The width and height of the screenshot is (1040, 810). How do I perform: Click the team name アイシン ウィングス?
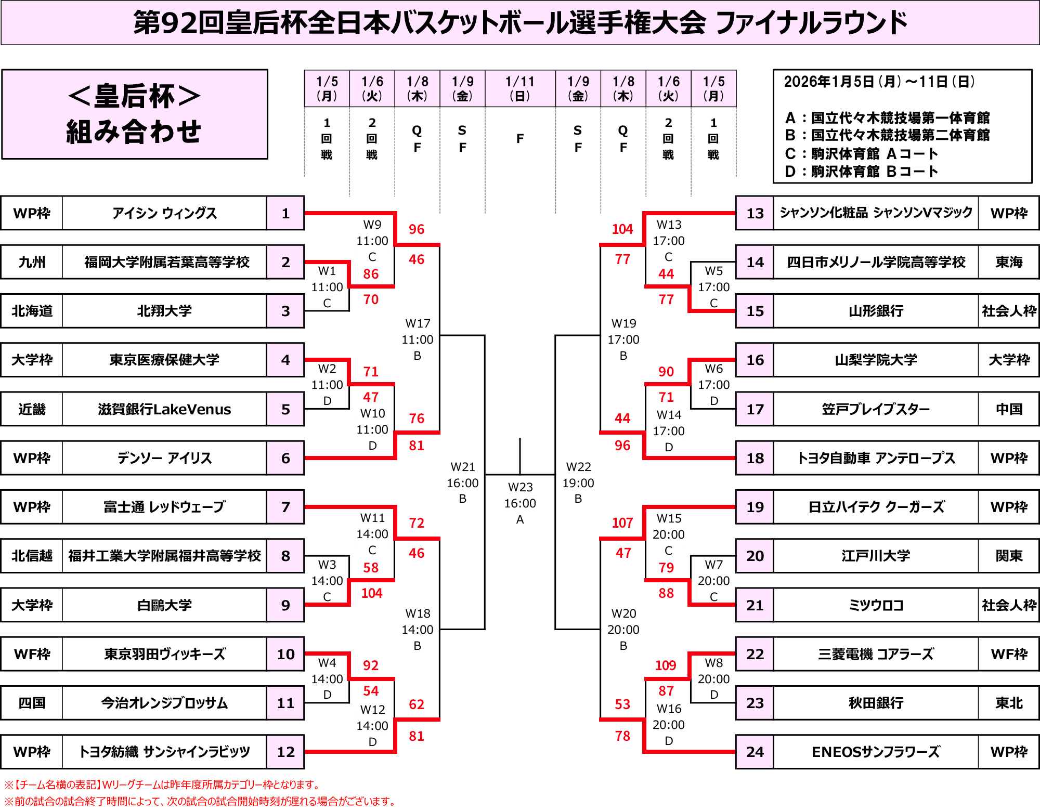pyautogui.click(x=164, y=213)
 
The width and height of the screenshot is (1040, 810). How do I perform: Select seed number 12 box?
pyautogui.click(x=285, y=752)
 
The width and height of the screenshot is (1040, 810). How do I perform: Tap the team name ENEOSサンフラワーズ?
pyautogui.click(x=876, y=752)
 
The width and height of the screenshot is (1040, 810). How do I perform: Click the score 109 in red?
pyautogui.click(x=666, y=665)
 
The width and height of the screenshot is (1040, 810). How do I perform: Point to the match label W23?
pyautogui.click(x=520, y=487)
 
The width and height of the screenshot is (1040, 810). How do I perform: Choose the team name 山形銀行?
pyautogui.click(x=876, y=311)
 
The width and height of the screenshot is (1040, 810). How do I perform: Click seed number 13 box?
pyautogui.click(x=755, y=213)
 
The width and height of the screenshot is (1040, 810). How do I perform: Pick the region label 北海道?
pyautogui.click(x=32, y=311)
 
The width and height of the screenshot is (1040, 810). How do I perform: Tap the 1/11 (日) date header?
pyautogui.click(x=520, y=88)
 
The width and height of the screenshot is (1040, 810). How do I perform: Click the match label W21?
pyautogui.click(x=462, y=467)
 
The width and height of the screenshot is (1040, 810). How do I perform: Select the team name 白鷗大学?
pyautogui.click(x=164, y=605)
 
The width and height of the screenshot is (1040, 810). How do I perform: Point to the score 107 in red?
pyautogui.click(x=622, y=523)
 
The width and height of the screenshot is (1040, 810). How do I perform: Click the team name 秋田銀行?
pyautogui.click(x=876, y=703)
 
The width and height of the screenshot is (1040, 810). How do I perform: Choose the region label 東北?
pyautogui.click(x=1009, y=703)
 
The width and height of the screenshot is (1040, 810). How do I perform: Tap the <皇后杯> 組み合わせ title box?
pyautogui.click(x=135, y=114)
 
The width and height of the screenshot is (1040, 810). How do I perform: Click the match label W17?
pyautogui.click(x=418, y=323)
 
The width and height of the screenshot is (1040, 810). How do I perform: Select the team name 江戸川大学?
pyautogui.click(x=876, y=556)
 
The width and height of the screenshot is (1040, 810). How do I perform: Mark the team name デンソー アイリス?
pyautogui.click(x=164, y=458)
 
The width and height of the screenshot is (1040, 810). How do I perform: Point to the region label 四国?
pyautogui.click(x=32, y=703)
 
